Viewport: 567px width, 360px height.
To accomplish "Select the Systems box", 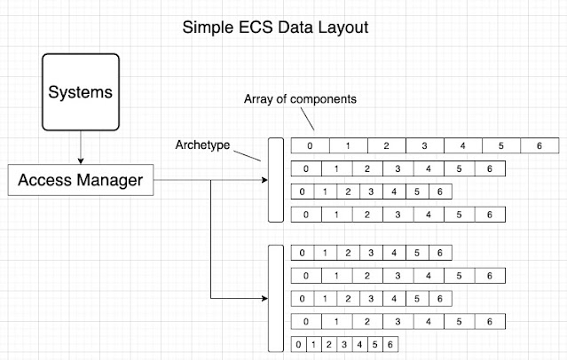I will point(81,92).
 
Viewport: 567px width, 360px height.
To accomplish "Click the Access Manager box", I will point(81,182).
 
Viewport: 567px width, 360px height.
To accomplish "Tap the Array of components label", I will point(300,99).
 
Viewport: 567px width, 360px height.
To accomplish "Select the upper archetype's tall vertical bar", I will point(274,180).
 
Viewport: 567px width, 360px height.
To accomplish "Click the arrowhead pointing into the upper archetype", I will point(264,182).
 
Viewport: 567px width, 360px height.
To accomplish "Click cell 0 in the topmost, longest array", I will point(310,145).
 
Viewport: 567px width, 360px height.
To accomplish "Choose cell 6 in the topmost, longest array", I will point(539,145).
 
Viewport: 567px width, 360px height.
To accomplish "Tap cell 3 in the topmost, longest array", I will point(424,145).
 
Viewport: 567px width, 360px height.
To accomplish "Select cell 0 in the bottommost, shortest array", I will point(300,344).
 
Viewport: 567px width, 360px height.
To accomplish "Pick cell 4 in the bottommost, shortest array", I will point(359,344).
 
